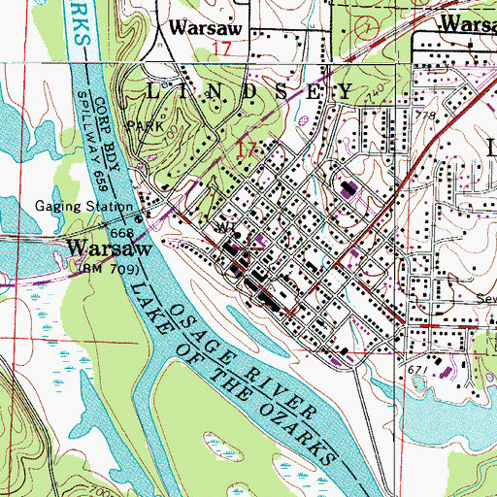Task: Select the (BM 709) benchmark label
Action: (108, 267)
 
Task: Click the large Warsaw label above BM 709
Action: (108, 248)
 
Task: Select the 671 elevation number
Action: (418, 372)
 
